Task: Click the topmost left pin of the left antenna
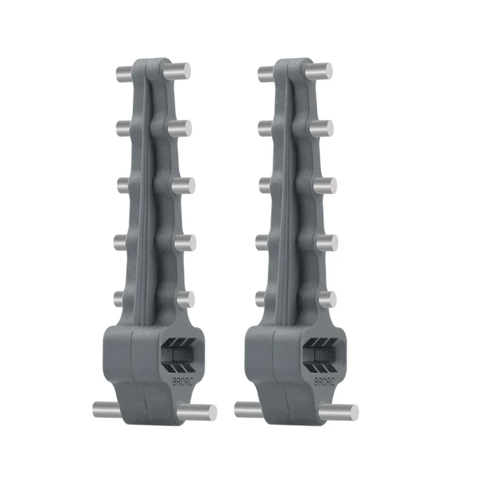122,74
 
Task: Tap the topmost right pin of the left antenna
178,70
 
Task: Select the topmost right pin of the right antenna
320,70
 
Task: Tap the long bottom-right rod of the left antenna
198,412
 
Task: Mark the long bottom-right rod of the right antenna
339,412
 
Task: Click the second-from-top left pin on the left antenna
122,127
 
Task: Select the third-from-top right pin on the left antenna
183,185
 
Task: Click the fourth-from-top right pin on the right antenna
326,242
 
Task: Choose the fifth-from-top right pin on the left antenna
185,299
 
